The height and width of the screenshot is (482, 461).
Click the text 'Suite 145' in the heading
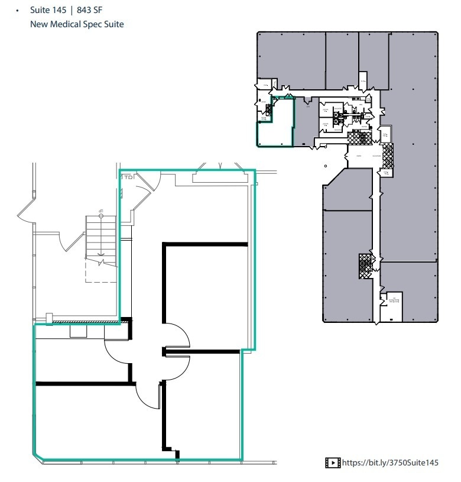coord(48,10)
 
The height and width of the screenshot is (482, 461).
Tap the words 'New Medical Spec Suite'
coord(77,24)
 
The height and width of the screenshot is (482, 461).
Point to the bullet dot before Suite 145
coord(20,11)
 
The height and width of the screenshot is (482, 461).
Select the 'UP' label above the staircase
coord(101,212)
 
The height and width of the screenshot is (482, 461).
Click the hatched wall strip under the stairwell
coord(86,322)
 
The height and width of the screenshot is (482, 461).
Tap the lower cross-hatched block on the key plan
coord(366,266)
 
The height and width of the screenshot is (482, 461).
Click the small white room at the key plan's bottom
coord(391,306)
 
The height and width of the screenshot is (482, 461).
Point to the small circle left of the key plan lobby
coord(326,166)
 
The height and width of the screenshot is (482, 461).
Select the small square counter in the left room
coord(78,331)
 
